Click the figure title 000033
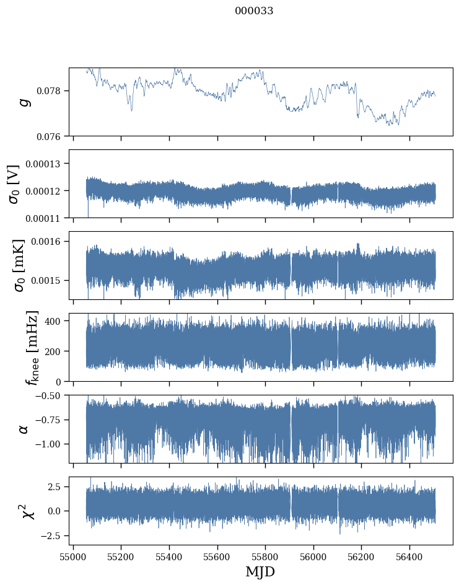point(254,11)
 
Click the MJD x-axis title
point(260,571)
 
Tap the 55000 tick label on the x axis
point(73,556)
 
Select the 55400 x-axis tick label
point(169,556)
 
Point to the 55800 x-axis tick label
point(266,556)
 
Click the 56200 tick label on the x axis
point(362,556)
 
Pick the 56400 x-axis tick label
point(409,556)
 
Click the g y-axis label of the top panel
point(25,102)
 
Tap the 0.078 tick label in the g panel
point(52,91)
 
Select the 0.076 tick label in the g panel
point(52,136)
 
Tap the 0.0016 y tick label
point(50,241)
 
